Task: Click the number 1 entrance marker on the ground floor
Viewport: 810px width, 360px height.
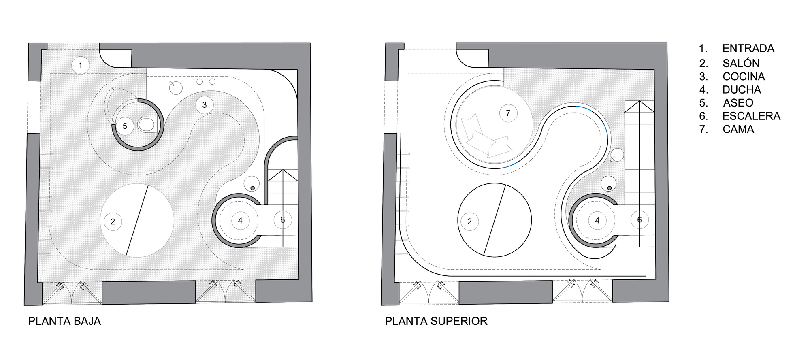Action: (80, 65)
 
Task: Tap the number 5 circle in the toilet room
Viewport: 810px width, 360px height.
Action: (125, 126)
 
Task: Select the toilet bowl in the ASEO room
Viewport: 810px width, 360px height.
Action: (147, 125)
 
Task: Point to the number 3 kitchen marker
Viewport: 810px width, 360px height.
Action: (204, 105)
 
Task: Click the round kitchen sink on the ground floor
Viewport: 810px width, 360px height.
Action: (176, 87)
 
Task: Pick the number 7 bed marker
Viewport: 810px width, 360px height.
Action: (508, 113)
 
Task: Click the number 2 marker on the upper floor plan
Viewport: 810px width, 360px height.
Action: (469, 222)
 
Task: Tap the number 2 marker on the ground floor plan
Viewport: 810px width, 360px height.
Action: (113, 222)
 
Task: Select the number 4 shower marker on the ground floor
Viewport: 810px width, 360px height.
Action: (240, 221)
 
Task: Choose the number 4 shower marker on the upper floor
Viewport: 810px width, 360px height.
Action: (597, 221)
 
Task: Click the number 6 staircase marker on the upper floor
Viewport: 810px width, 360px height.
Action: (639, 220)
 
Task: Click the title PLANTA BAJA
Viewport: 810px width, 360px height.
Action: (64, 321)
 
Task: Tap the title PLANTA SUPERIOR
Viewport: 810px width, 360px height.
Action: (436, 321)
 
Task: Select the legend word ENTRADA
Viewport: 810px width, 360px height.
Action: (748, 49)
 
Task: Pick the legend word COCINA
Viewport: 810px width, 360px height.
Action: (744, 77)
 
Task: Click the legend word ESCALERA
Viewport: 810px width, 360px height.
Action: (751, 116)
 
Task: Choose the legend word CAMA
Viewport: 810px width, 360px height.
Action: (738, 130)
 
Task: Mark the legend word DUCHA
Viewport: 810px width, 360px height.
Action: (742, 90)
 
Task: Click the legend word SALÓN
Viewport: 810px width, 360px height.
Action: (741, 63)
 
